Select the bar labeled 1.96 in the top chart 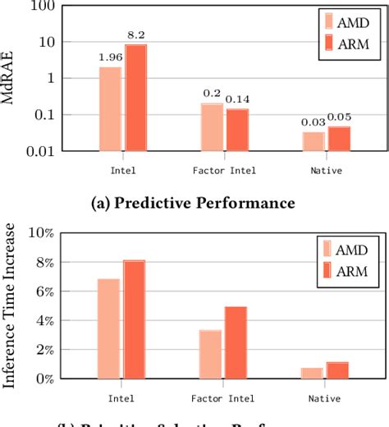tap(110, 108)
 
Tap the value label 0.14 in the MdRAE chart tap(238, 100)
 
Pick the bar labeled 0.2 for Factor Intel tap(212, 126)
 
